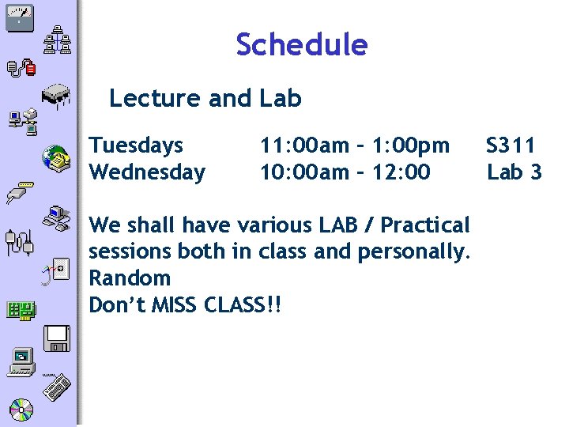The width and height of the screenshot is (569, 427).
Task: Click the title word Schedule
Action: [x=301, y=45]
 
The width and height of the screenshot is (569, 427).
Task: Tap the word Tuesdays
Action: [x=136, y=146]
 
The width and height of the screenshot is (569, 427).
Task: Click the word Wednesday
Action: [x=147, y=172]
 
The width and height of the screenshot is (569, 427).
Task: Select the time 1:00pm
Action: [x=411, y=145]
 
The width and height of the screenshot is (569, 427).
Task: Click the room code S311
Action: [x=511, y=145]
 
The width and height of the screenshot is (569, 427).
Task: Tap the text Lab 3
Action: [x=514, y=172]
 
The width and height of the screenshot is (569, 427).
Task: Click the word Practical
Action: [x=425, y=225]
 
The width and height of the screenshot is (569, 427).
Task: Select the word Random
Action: [x=130, y=278]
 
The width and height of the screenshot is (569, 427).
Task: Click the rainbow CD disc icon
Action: [x=21, y=409]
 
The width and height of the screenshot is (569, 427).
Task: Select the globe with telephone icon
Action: [x=56, y=157]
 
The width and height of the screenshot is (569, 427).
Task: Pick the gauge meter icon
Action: [x=19, y=17]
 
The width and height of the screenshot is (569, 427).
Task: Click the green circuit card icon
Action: [x=21, y=309]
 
